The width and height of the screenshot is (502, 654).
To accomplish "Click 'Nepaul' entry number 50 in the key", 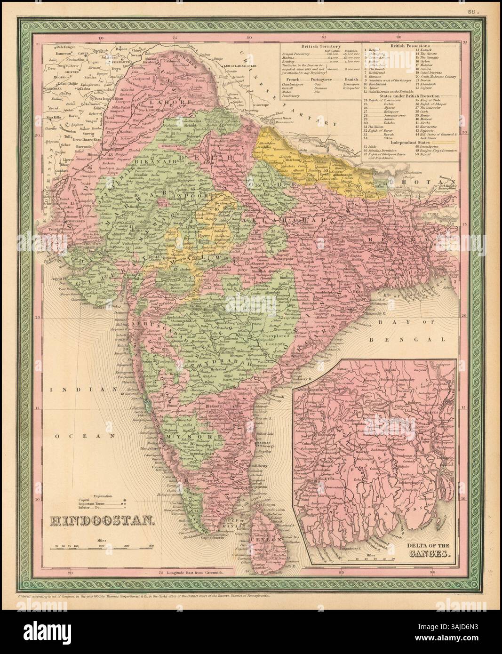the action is click(x=421, y=159).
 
